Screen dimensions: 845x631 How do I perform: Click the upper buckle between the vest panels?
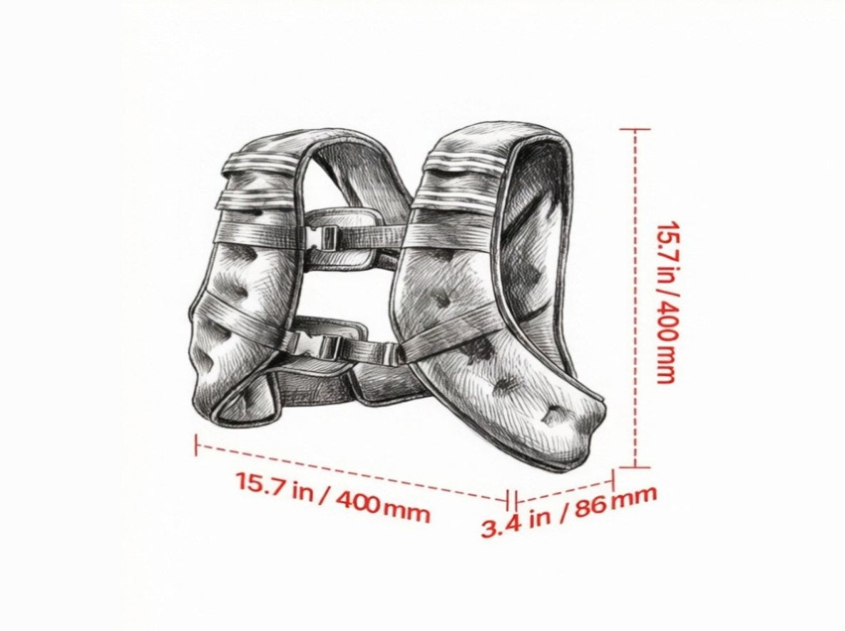pyautogui.click(x=323, y=237)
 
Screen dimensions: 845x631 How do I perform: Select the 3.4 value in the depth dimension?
pyautogui.click(x=501, y=525)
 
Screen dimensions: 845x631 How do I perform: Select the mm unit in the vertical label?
pyautogui.click(x=666, y=365)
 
